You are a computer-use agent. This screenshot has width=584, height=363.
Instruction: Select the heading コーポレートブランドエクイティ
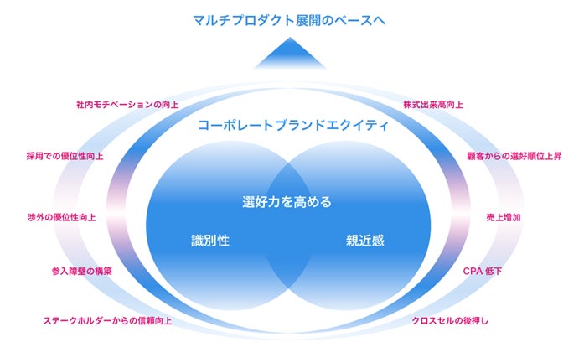[x=292, y=126]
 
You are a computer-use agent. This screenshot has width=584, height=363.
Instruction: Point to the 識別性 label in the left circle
[x=211, y=241]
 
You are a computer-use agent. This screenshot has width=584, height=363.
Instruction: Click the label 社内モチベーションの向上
[x=127, y=106]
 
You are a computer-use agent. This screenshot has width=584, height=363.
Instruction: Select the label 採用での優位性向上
[x=65, y=155]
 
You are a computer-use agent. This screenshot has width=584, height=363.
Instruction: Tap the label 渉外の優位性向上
[x=61, y=216]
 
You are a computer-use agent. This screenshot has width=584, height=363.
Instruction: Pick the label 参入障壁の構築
[x=81, y=272]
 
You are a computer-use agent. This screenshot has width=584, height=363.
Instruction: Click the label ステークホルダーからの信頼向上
[x=107, y=320]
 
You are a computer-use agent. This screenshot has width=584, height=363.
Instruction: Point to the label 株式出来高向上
[x=433, y=106]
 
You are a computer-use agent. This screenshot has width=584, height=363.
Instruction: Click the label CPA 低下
[x=482, y=272]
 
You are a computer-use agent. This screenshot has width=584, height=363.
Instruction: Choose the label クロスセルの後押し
[x=450, y=320]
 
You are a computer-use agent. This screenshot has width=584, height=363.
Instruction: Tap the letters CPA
[x=471, y=272]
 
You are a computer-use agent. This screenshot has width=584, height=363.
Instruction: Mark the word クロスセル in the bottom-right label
[x=433, y=320]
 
